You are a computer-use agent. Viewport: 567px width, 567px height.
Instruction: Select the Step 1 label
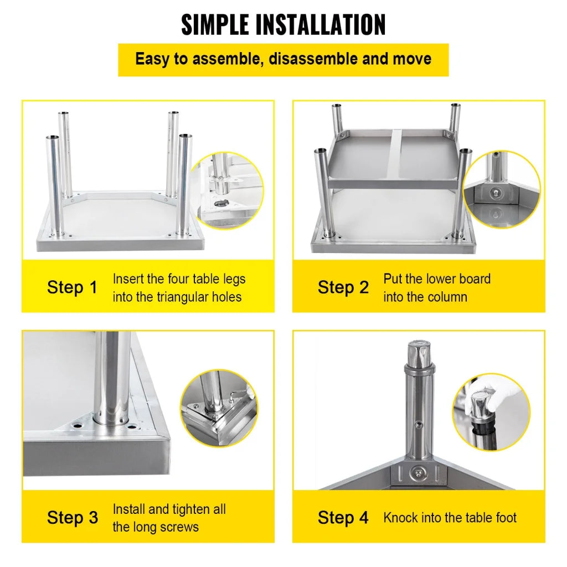72,287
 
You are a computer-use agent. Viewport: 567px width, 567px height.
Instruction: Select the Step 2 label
343,287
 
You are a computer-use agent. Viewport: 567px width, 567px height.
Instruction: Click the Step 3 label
72,518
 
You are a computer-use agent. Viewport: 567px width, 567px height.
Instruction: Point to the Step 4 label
343,518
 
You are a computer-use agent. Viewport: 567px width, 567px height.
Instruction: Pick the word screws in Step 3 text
178,527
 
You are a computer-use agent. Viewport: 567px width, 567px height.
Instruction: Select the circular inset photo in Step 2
501,188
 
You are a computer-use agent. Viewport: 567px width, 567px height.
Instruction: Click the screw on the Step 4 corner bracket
418,472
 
